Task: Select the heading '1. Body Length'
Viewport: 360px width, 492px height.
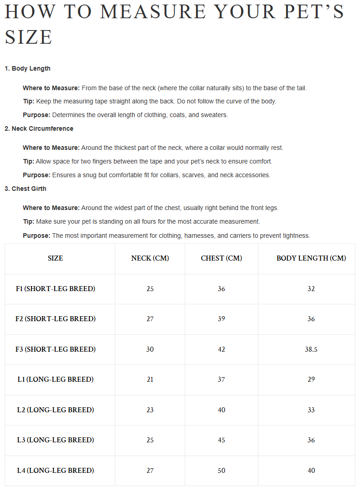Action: pos(27,68)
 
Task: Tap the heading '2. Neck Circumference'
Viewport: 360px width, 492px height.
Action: pos(39,128)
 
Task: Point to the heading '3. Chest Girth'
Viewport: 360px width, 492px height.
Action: pos(26,189)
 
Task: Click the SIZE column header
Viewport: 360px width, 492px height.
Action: pos(56,258)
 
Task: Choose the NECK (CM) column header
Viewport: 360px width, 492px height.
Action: pos(150,258)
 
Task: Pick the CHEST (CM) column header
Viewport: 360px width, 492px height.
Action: pos(221,258)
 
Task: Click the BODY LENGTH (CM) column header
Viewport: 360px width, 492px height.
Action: pos(311,258)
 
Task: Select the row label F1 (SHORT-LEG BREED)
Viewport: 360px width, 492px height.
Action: pos(56,289)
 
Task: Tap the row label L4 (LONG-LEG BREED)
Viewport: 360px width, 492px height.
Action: pos(56,471)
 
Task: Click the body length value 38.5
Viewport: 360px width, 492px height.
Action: pos(311,349)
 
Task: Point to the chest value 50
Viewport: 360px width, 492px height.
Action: pos(221,471)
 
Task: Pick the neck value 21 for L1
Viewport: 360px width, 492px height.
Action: pos(150,379)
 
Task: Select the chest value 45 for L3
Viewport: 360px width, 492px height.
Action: pos(221,440)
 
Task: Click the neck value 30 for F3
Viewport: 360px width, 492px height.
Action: pos(150,349)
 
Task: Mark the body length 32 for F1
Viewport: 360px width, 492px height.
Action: pos(311,289)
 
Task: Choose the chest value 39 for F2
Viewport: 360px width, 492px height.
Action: pos(221,319)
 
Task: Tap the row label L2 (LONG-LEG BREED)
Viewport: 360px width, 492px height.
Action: pos(56,410)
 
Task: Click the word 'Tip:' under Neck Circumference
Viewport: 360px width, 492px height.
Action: pos(29,161)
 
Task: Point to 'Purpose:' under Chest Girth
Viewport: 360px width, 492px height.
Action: pos(36,236)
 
